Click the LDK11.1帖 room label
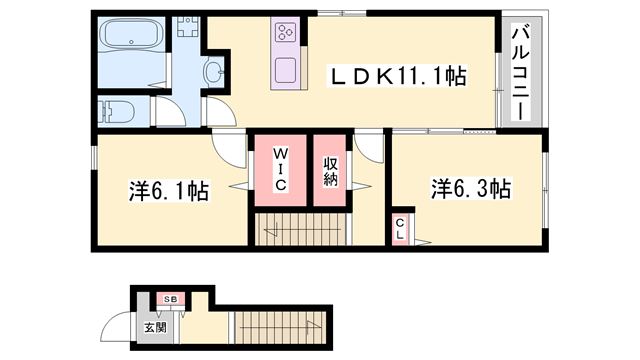[398, 76]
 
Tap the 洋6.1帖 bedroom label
[169, 191]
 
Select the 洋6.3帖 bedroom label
[471, 189]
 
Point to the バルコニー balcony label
[521, 73]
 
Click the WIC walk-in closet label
[280, 170]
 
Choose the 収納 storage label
[331, 171]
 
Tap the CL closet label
[400, 229]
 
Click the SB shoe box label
[171, 299]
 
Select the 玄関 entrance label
[155, 327]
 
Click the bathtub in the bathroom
[131, 34]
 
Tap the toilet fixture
[117, 111]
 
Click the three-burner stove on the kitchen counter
[285, 32]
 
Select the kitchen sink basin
[285, 70]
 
